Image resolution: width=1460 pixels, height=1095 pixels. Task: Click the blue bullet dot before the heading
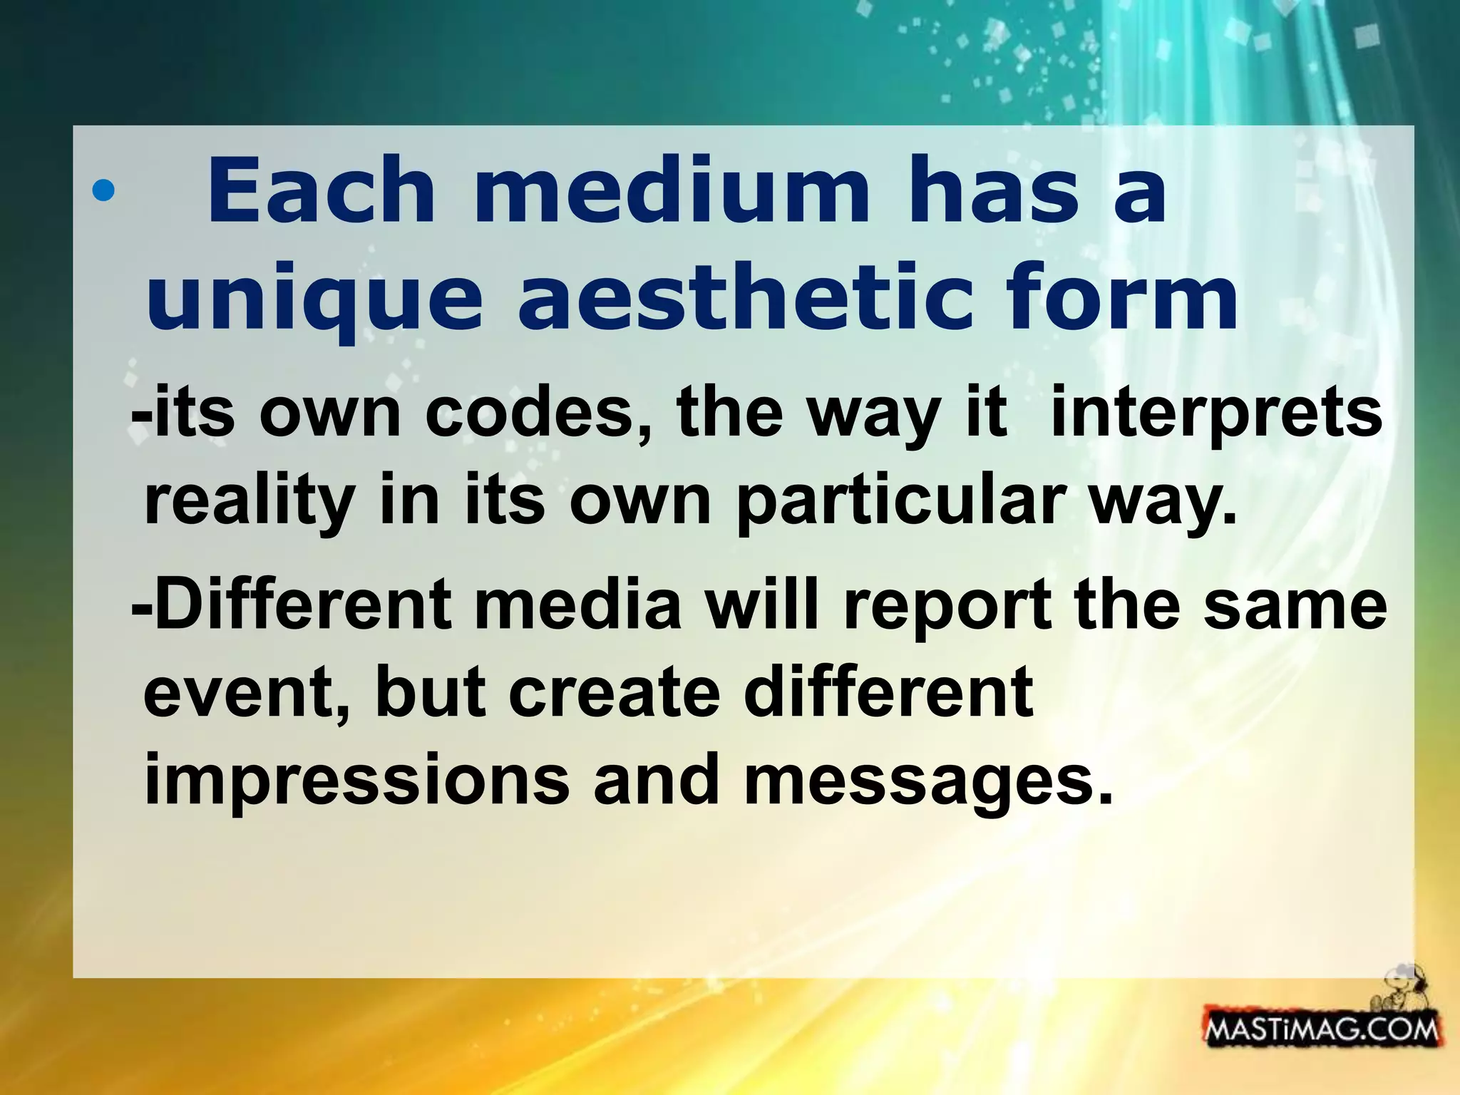pyautogui.click(x=103, y=191)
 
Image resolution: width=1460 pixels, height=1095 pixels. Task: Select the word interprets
pyautogui.click(x=1216, y=415)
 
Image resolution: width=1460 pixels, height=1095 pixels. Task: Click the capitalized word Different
pyautogui.click(x=303, y=605)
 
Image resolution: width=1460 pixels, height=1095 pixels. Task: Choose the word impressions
pyautogui.click(x=356, y=780)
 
